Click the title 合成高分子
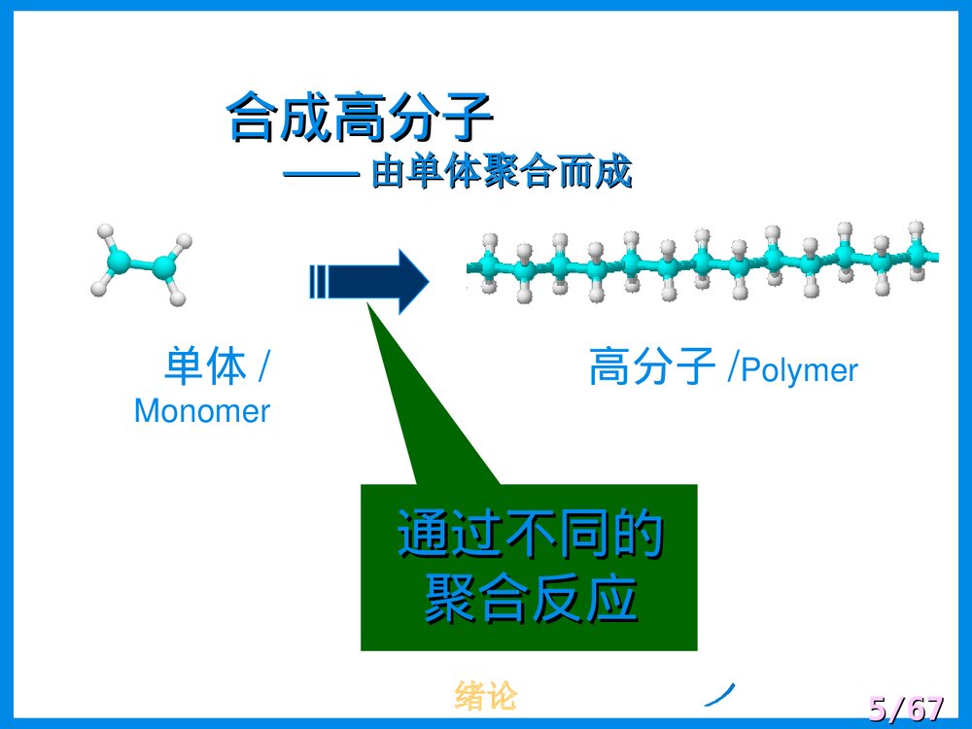(360, 118)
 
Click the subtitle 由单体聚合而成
(502, 173)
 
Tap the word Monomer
(201, 410)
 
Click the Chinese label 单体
(205, 367)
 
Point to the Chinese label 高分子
(652, 368)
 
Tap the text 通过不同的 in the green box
(530, 536)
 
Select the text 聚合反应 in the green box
(530, 599)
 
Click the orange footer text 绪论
(485, 696)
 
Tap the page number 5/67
(905, 709)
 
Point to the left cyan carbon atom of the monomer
(119, 259)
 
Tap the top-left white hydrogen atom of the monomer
(105, 232)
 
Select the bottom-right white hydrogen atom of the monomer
(177, 296)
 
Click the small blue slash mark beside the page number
(718, 691)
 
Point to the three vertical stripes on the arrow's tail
(316, 282)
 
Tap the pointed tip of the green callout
(368, 304)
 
